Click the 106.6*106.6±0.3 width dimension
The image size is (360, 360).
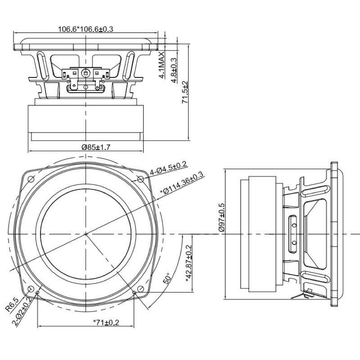[x=85, y=29]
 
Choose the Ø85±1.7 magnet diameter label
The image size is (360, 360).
[x=85, y=147]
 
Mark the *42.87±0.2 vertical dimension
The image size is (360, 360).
[x=189, y=263]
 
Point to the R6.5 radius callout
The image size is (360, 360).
[x=12, y=304]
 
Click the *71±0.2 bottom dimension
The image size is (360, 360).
[x=107, y=322]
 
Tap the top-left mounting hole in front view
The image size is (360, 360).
[x=31, y=180]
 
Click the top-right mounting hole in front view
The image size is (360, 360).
[x=140, y=180]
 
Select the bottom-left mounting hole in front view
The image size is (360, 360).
[x=31, y=289]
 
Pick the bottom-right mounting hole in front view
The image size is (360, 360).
[x=140, y=289]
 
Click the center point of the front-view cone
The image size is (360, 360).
[x=85, y=234]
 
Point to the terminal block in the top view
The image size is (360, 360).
[x=85, y=73]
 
